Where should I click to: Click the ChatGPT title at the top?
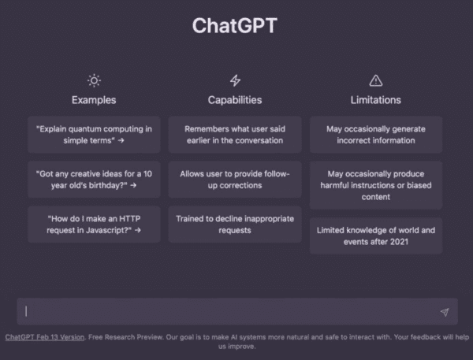coord(235,25)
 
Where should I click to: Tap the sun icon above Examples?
coord(94,80)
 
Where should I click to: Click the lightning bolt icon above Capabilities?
coord(235,80)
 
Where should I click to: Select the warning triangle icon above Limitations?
coord(376,80)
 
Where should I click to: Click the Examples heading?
coord(94,100)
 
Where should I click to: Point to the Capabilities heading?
coord(235,100)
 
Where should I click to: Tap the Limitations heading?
coord(375,100)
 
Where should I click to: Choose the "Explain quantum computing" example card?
coord(94,135)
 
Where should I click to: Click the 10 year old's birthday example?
coord(94,180)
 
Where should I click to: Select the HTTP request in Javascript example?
coord(94,225)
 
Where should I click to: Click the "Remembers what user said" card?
coord(235,135)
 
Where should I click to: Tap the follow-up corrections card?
coord(235,180)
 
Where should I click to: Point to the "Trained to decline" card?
coord(235,225)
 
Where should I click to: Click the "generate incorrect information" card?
coord(376,135)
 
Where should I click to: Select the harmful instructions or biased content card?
coord(376,185)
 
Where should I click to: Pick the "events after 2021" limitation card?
coord(376,236)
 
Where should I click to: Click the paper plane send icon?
coord(445,312)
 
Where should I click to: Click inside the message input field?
coord(229,311)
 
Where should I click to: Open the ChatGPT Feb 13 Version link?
coord(45,337)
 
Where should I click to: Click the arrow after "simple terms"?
coord(121,140)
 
